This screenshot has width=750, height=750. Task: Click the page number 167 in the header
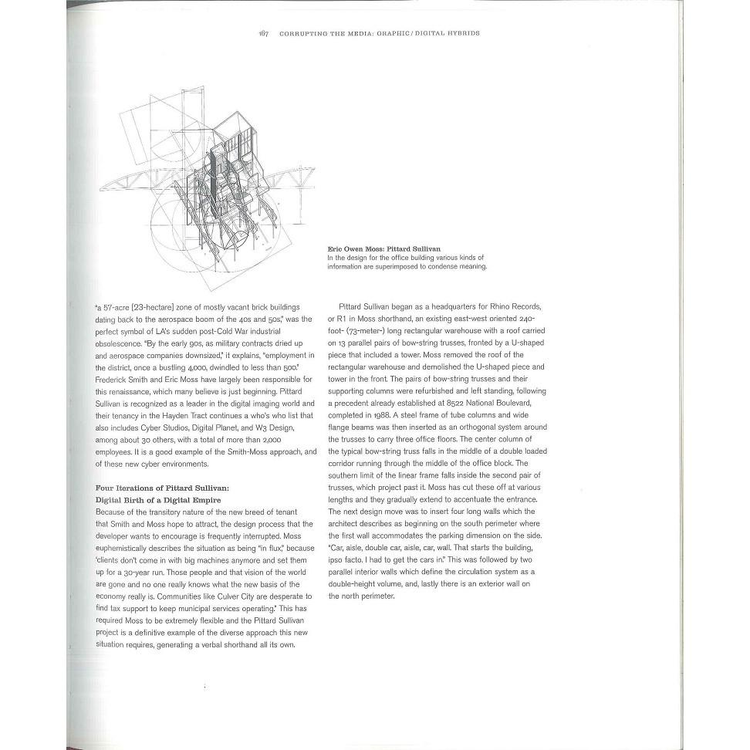(x=263, y=34)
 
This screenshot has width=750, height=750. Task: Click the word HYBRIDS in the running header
(x=461, y=34)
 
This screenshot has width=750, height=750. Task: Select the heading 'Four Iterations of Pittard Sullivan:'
(x=162, y=488)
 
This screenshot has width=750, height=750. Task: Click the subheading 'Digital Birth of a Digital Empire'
(x=157, y=500)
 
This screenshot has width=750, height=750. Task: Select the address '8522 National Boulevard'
(x=478, y=401)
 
